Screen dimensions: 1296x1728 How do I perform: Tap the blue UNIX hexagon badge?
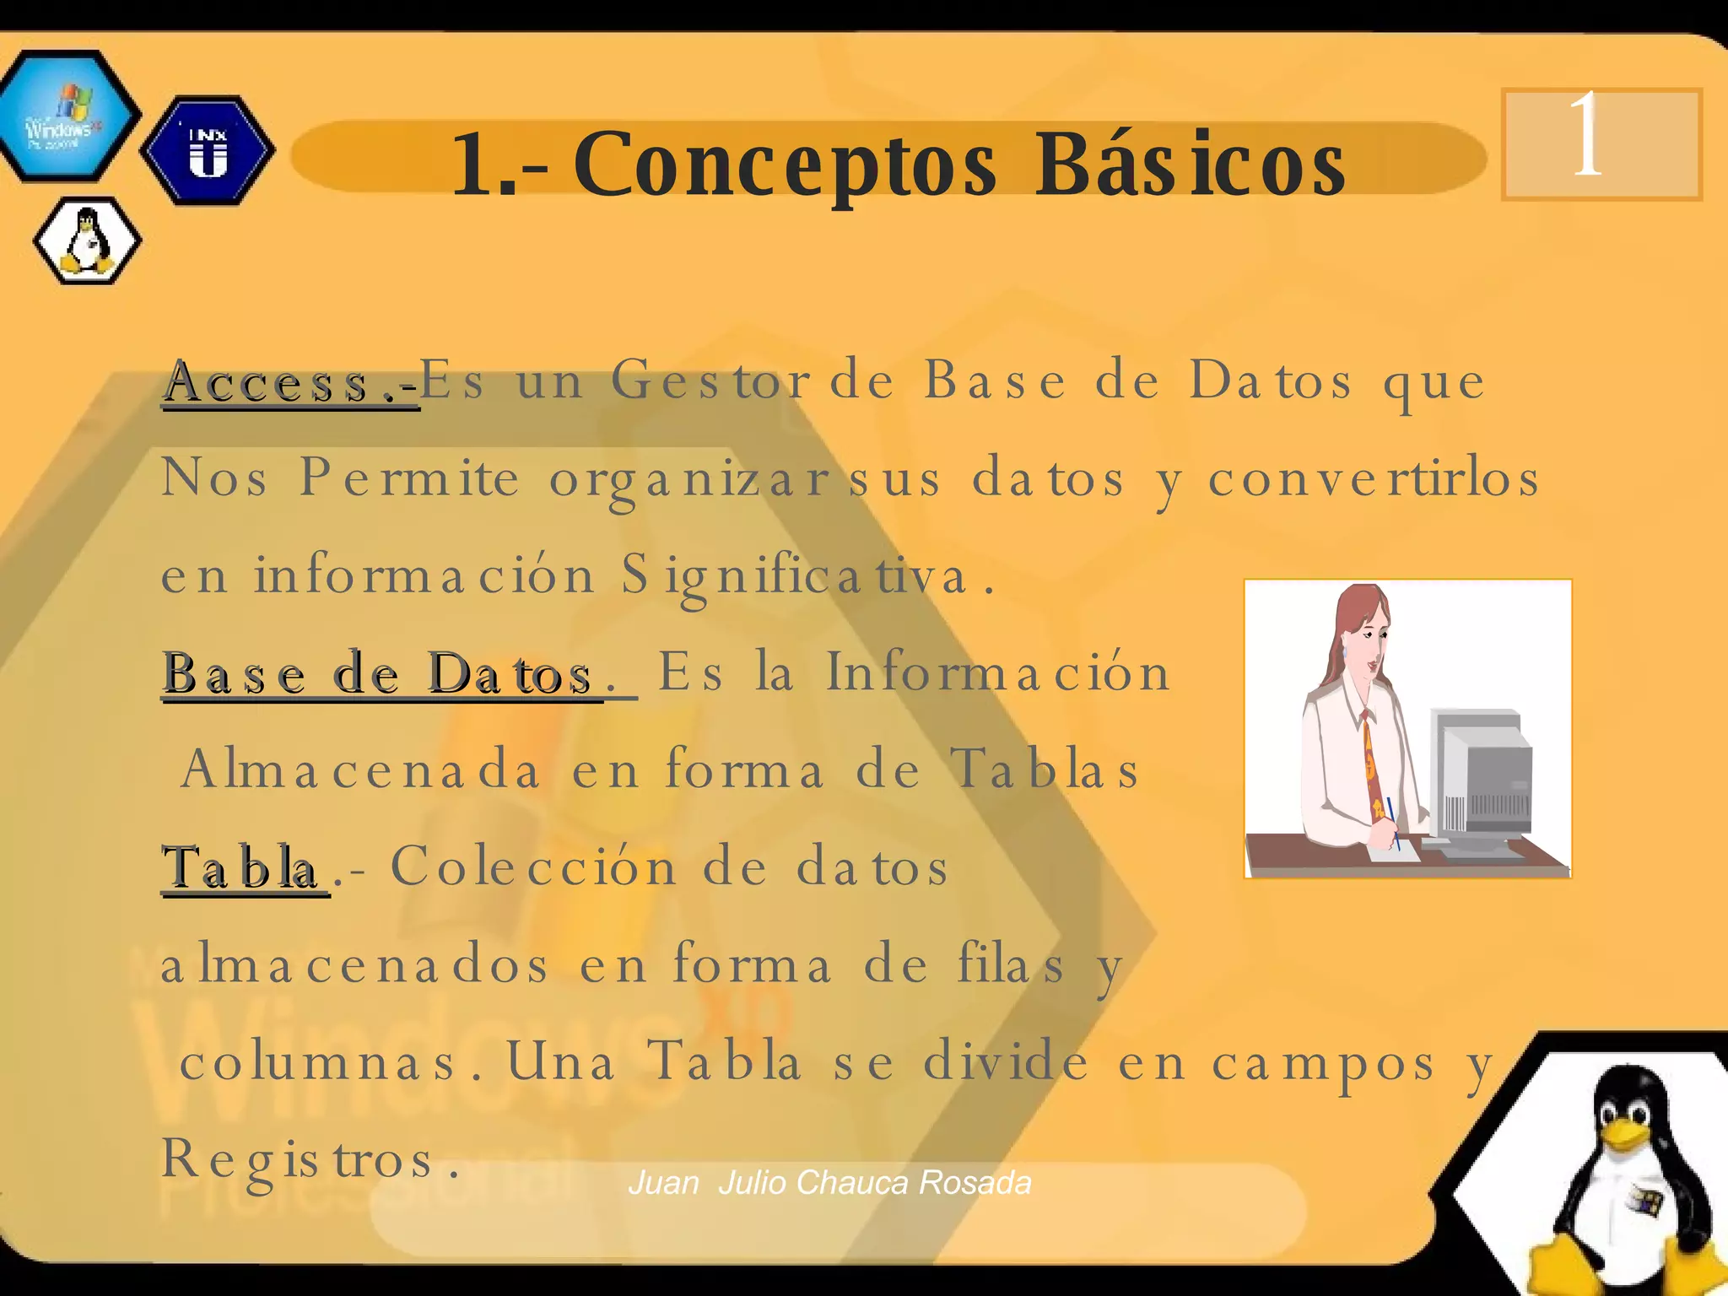tap(208, 150)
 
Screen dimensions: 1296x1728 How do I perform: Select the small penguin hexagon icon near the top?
tap(87, 241)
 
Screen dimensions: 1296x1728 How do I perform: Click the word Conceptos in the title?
tap(785, 165)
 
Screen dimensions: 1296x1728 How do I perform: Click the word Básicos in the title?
tap(1190, 165)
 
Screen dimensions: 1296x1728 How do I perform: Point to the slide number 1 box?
tap(1601, 143)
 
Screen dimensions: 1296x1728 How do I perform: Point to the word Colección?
tap(533, 867)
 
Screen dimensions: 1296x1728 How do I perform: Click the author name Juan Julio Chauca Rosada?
tap(830, 1183)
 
